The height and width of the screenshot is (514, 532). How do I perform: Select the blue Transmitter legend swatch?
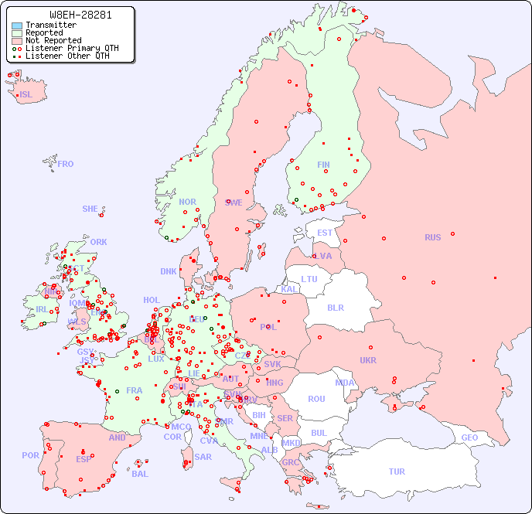(17, 26)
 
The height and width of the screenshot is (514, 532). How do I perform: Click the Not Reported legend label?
(53, 40)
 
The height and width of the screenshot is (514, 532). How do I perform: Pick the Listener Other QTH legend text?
(72, 56)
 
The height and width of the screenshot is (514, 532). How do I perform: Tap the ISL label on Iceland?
(26, 95)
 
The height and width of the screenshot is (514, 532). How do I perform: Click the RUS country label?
(432, 237)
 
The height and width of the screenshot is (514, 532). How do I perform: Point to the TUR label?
(397, 471)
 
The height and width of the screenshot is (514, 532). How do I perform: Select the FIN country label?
(323, 165)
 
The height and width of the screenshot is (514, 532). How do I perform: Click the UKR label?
(368, 360)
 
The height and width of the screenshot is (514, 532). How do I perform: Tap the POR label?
(30, 455)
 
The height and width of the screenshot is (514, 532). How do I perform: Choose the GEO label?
(469, 437)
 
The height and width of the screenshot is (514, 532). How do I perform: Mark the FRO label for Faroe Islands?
(66, 164)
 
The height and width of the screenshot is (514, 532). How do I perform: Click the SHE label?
(90, 209)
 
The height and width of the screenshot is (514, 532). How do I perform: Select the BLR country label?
(335, 307)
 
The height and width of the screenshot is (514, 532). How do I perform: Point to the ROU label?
(316, 399)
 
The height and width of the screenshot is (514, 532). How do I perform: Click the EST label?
(325, 233)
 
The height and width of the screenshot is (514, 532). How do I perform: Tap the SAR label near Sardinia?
(203, 457)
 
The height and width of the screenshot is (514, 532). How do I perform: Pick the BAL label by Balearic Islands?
(140, 474)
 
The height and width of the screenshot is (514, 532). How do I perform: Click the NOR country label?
(187, 202)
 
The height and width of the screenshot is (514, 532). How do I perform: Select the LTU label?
(309, 279)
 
